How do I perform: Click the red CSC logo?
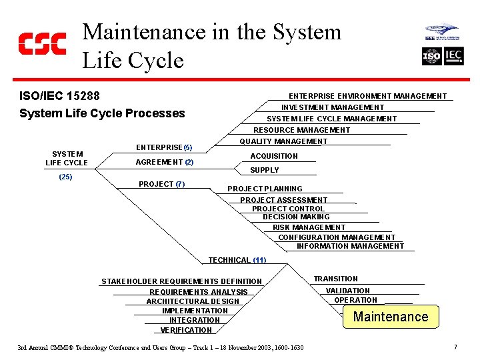(x=42, y=43)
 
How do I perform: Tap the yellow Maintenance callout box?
(x=391, y=317)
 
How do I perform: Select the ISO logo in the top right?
(x=431, y=57)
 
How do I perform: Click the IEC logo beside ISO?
(x=454, y=57)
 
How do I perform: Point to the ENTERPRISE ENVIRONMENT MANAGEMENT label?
(x=367, y=96)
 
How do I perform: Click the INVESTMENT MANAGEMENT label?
(x=333, y=107)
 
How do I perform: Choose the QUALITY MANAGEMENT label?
(x=283, y=141)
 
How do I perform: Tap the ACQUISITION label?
(x=274, y=156)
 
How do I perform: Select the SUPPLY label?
(x=265, y=170)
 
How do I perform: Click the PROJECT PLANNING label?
(x=265, y=189)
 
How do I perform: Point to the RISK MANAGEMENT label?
(x=309, y=227)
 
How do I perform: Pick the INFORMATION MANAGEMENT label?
(x=350, y=246)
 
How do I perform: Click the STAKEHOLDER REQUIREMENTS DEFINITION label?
(x=181, y=281)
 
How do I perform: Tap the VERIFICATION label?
(x=186, y=330)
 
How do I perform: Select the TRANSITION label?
(x=336, y=279)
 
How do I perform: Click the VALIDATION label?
(x=347, y=291)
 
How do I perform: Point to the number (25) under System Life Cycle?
(x=65, y=177)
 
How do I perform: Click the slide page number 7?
(x=455, y=347)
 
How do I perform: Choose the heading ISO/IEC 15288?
(x=59, y=97)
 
